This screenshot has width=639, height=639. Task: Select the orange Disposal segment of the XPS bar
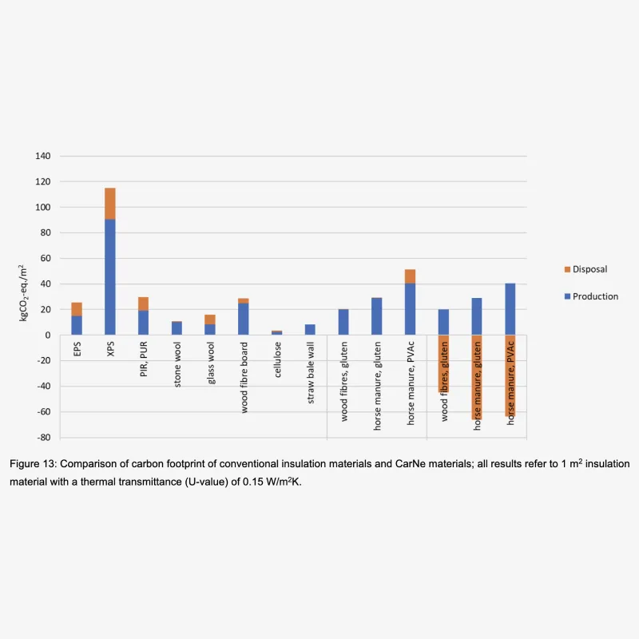coord(109,203)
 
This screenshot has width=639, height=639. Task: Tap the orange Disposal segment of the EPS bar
coord(76,309)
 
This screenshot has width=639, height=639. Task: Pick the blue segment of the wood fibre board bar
coord(243,319)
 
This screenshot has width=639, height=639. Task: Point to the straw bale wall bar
coord(310,329)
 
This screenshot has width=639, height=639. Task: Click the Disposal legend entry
coord(590,269)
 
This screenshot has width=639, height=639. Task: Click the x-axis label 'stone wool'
coord(177,366)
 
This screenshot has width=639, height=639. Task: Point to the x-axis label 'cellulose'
coord(276,362)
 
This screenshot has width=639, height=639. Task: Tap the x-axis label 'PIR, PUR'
coord(143,360)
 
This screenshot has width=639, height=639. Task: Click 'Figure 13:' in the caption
coord(34,464)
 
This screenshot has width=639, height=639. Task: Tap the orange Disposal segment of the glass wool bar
coord(209,319)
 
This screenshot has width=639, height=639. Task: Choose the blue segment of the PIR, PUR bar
coord(143,323)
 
